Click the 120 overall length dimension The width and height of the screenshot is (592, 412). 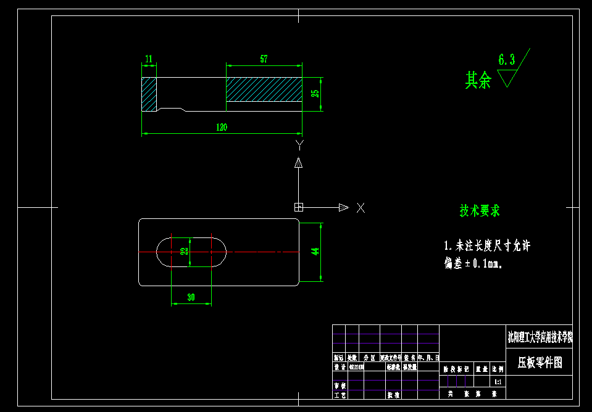pos(222,128)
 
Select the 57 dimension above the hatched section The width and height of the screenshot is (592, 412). pos(264,59)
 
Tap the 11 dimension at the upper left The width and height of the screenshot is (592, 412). pos(149,59)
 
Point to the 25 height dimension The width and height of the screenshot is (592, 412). pos(315,94)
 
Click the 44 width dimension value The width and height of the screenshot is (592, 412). pos(315,252)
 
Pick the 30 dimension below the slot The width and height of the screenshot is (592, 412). pos(191,297)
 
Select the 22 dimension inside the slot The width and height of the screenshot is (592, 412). pos(184,252)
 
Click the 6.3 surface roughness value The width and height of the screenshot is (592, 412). pos(506,60)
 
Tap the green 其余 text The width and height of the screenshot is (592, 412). pos(478,80)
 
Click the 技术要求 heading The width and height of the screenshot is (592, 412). pos(480,211)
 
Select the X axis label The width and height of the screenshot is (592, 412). pos(361,208)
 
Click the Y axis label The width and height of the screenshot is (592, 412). pos(299,145)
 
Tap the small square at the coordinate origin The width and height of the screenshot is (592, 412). pos(299,207)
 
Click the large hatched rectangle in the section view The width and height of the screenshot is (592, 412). pos(264,89)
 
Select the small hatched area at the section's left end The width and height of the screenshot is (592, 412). pos(149,94)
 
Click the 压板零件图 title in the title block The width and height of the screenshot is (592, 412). pos(540,362)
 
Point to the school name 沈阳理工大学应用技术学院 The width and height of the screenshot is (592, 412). pos(540,337)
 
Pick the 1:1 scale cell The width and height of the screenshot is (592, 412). pos(498,382)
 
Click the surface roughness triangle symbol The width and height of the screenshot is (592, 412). pos(507,78)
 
